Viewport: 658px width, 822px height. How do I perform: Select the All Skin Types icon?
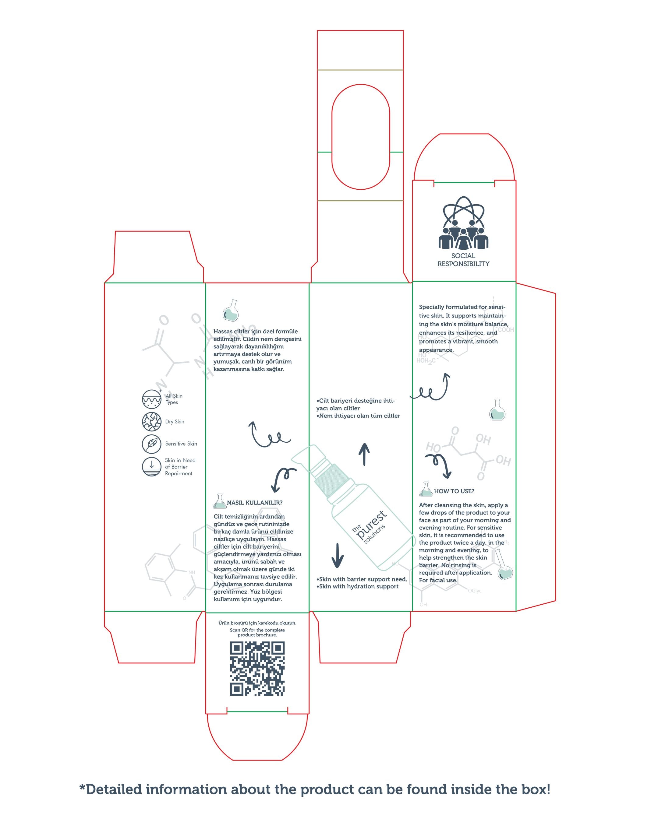[x=152, y=399]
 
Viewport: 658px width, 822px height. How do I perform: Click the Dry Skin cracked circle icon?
[x=151, y=421]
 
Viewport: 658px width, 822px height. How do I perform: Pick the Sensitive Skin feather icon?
[x=151, y=443]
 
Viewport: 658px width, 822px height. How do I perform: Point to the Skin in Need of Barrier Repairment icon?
[x=151, y=466]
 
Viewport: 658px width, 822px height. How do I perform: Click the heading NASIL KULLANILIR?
[x=254, y=503]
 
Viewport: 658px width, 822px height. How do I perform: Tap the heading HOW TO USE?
[x=454, y=491]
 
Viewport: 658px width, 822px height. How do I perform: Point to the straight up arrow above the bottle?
[x=364, y=454]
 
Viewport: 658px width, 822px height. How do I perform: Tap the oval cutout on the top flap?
[x=360, y=137]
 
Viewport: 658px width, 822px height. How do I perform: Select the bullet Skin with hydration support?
[x=357, y=586]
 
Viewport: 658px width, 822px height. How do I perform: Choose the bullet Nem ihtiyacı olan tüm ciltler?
[x=358, y=416]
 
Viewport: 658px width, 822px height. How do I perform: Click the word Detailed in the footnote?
[x=114, y=789]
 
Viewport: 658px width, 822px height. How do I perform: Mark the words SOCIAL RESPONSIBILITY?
[x=463, y=260]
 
